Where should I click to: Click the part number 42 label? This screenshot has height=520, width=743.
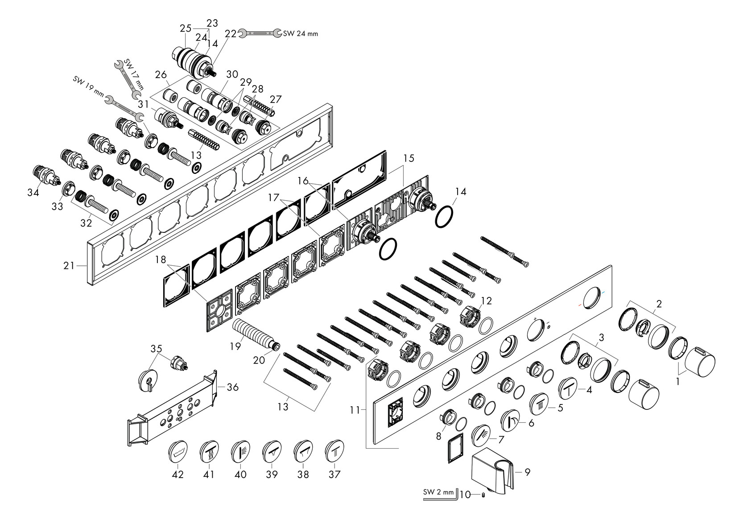click(x=178, y=475)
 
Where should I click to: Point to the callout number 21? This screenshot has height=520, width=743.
click(x=69, y=266)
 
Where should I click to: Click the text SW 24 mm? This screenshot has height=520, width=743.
click(x=301, y=33)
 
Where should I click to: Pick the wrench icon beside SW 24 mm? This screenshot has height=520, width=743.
click(x=260, y=32)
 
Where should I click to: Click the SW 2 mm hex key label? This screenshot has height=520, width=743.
click(x=438, y=493)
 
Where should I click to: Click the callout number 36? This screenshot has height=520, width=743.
click(x=232, y=387)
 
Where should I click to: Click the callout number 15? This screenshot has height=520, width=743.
click(x=409, y=158)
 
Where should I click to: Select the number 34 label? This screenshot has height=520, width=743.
click(x=33, y=192)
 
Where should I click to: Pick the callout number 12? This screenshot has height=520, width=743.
click(x=486, y=301)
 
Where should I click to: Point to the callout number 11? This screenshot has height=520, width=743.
click(x=355, y=409)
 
